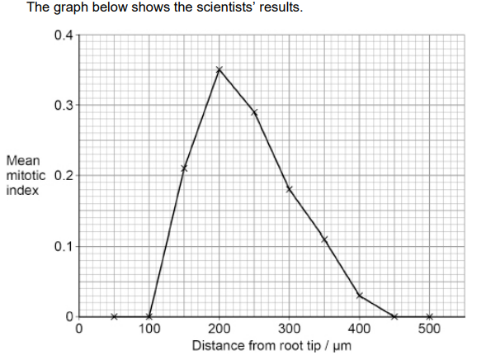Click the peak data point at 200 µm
tap(219, 69)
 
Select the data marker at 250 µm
tap(254, 112)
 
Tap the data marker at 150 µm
tap(184, 168)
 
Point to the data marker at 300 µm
tap(290, 189)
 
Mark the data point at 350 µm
tap(324, 239)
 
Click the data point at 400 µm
tap(360, 295)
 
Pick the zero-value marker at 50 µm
tap(114, 316)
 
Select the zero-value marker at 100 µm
tap(149, 316)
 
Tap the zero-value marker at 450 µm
tap(394, 316)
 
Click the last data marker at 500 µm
tap(430, 316)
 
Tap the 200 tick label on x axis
tap(219, 329)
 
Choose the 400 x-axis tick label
tap(360, 329)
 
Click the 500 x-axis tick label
tap(430, 329)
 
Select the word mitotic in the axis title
tap(26, 176)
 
